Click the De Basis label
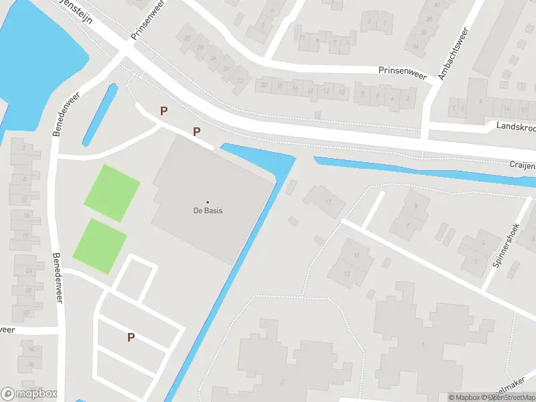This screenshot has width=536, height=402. [207, 210]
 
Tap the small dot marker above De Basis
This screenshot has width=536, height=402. [207, 202]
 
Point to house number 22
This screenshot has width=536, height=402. [239, 80]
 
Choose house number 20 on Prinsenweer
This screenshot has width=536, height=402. [265, 85]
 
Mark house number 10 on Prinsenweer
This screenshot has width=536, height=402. [342, 91]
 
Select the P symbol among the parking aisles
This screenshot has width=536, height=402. [131, 338]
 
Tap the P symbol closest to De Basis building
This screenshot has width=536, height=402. [196, 132]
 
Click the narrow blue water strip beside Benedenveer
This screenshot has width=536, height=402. [99, 115]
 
